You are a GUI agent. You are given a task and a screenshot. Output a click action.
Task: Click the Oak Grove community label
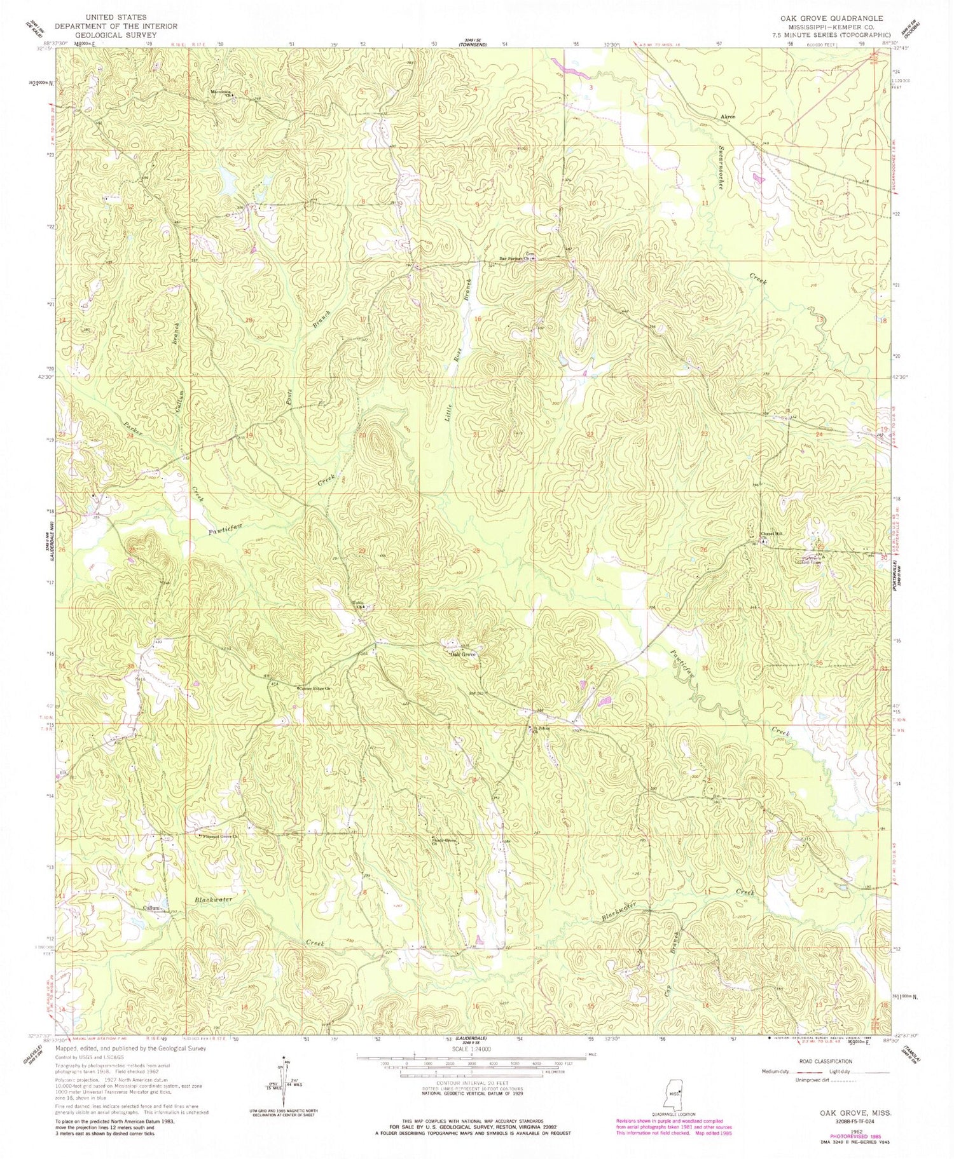point(464,654)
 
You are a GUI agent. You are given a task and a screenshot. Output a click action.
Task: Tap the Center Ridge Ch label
point(316,688)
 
